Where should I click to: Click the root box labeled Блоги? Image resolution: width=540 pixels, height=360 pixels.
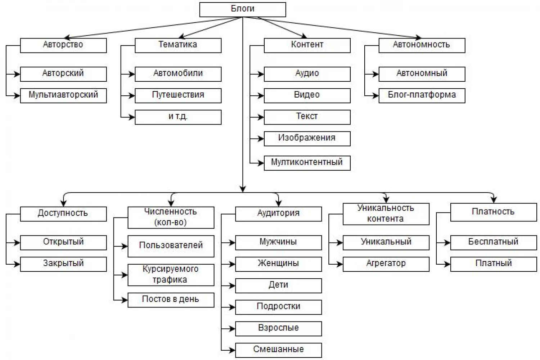point(243,10)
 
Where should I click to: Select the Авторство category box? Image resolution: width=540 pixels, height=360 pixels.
point(63,45)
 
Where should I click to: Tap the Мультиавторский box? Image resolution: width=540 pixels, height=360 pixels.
point(63,96)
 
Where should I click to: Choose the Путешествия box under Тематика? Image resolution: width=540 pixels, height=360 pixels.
point(178,96)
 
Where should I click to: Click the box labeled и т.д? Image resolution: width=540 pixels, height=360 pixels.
point(178,117)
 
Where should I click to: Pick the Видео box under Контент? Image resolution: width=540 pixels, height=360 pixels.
point(307,96)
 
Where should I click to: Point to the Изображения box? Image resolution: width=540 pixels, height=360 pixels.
point(307,139)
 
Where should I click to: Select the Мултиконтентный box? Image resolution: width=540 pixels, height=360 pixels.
point(307,163)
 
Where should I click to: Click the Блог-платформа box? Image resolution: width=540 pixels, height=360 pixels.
point(422,96)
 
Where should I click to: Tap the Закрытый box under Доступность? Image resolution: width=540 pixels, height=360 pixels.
point(63,264)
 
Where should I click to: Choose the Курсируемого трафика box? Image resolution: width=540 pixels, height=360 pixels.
point(171,275)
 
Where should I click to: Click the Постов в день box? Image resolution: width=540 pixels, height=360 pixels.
point(171,300)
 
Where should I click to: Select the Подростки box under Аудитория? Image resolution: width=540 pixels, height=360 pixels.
point(278,307)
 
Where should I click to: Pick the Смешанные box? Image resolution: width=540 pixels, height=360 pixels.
point(278,350)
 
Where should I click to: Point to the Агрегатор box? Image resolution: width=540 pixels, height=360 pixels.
point(386,264)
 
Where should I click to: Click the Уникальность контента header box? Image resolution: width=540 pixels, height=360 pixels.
point(386,214)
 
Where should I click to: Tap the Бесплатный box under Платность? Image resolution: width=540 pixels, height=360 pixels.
point(494,243)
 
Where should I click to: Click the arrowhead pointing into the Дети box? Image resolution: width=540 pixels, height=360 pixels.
point(233,286)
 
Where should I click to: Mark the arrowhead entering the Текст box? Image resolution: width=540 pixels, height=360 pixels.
point(261,117)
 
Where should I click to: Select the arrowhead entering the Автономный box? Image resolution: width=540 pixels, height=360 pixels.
point(376,74)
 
